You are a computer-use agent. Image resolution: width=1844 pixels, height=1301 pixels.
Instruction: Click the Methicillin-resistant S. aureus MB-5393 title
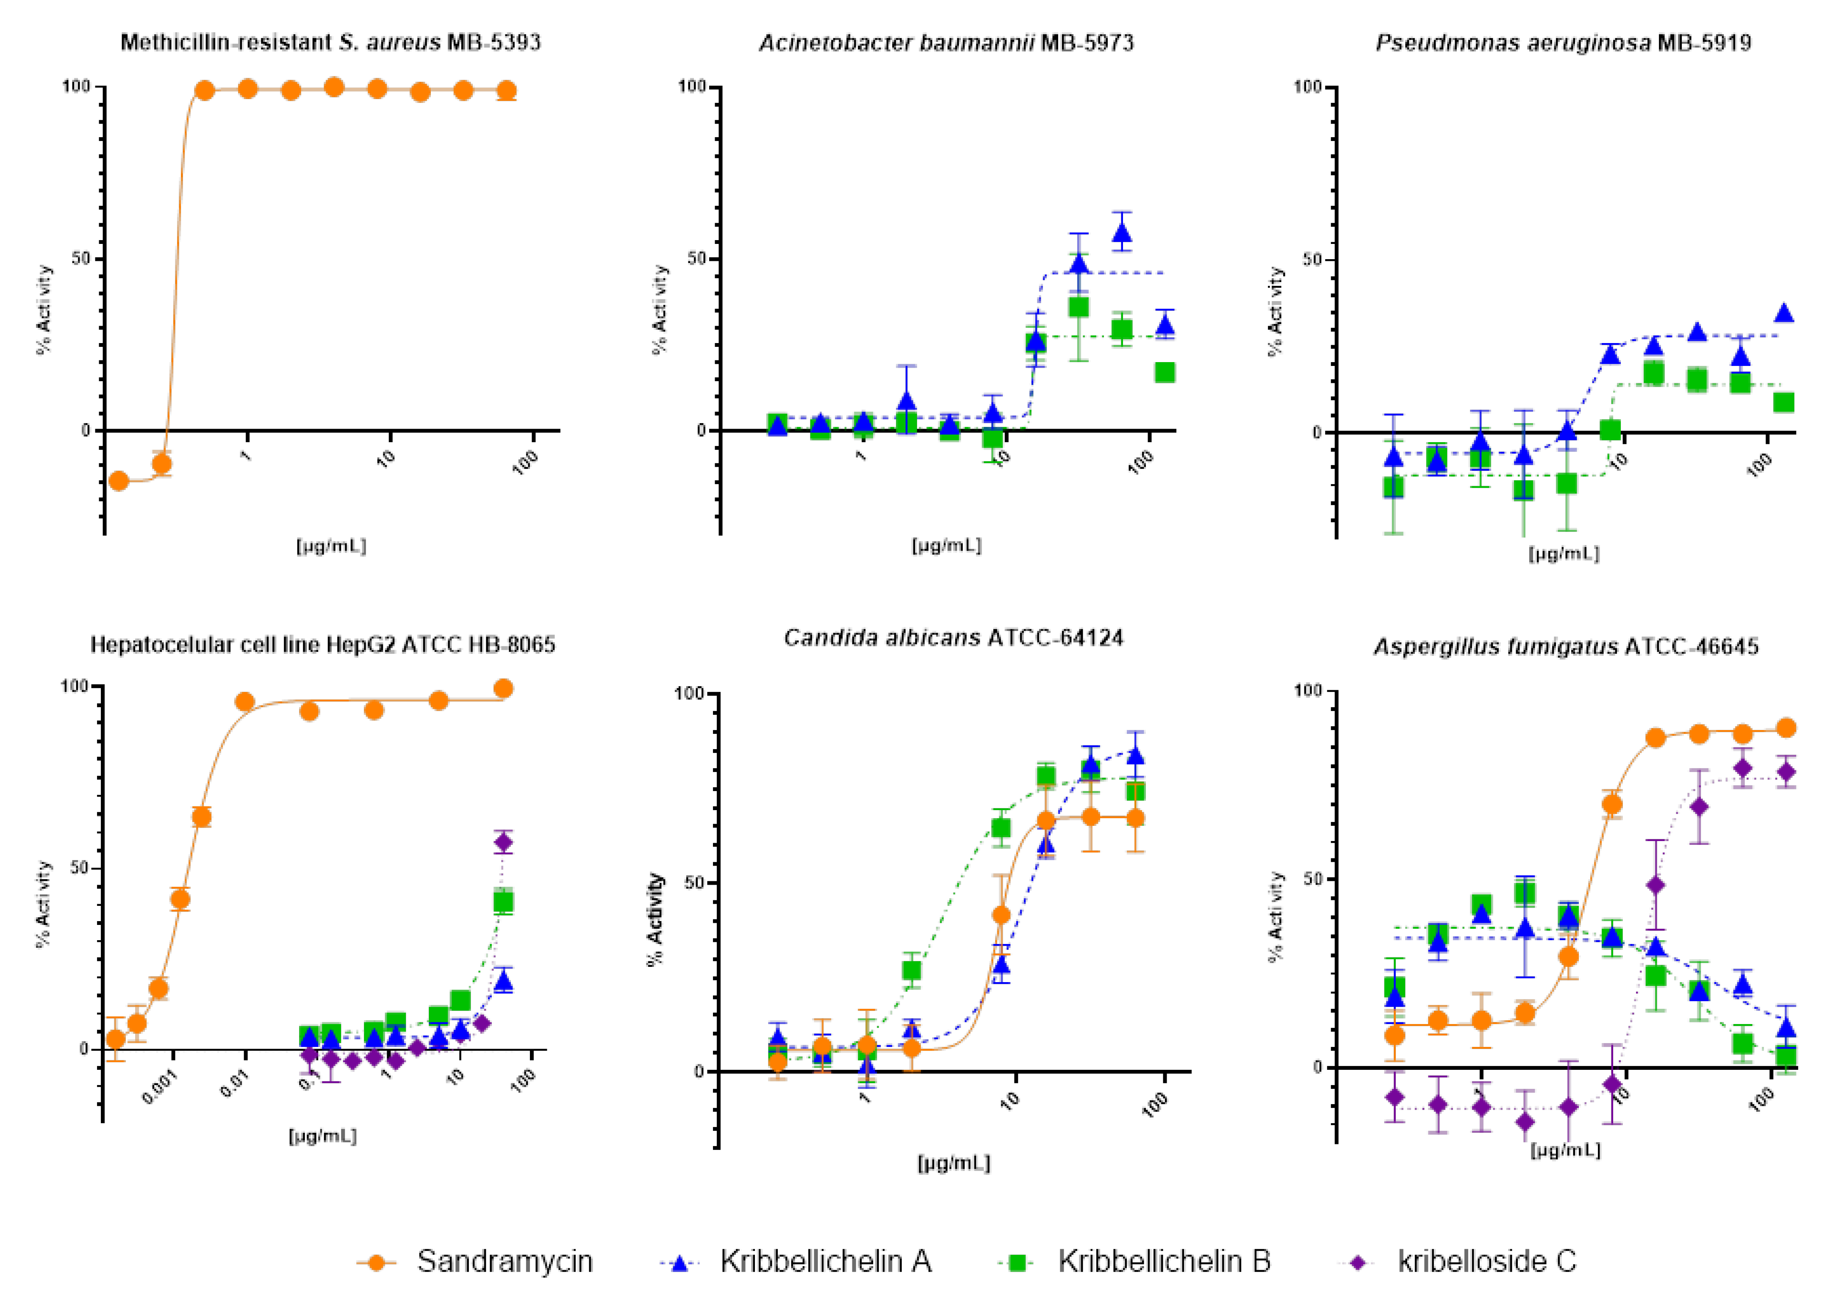click(x=330, y=43)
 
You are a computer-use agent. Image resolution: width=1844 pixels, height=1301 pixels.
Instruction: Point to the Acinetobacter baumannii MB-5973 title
click(x=946, y=43)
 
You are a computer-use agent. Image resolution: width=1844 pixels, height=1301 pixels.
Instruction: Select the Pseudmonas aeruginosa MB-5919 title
click(x=1563, y=43)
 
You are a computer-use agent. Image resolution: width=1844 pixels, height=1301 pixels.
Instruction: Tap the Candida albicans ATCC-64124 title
click(x=953, y=639)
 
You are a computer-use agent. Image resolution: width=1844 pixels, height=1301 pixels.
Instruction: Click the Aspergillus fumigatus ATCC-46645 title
click(x=1565, y=647)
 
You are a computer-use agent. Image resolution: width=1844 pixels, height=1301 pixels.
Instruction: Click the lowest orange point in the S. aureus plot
click(x=119, y=481)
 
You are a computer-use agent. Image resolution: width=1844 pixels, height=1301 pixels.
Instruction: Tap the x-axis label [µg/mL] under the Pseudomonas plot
click(x=1563, y=554)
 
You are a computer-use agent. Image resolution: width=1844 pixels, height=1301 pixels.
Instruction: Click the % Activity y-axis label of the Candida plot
click(x=656, y=919)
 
